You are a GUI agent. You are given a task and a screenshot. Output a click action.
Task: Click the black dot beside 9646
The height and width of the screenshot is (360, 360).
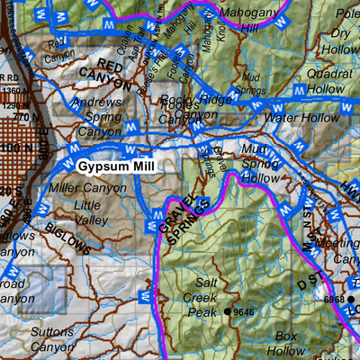click(229, 311)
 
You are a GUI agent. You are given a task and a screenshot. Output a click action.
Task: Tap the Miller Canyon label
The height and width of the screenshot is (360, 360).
click(88, 188)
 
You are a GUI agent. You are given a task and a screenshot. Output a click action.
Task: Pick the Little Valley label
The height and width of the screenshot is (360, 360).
click(90, 211)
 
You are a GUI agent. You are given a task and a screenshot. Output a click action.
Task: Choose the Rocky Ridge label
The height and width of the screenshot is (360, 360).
click(191, 99)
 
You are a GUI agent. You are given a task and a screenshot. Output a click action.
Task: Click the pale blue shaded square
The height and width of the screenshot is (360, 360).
click(43, 291)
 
